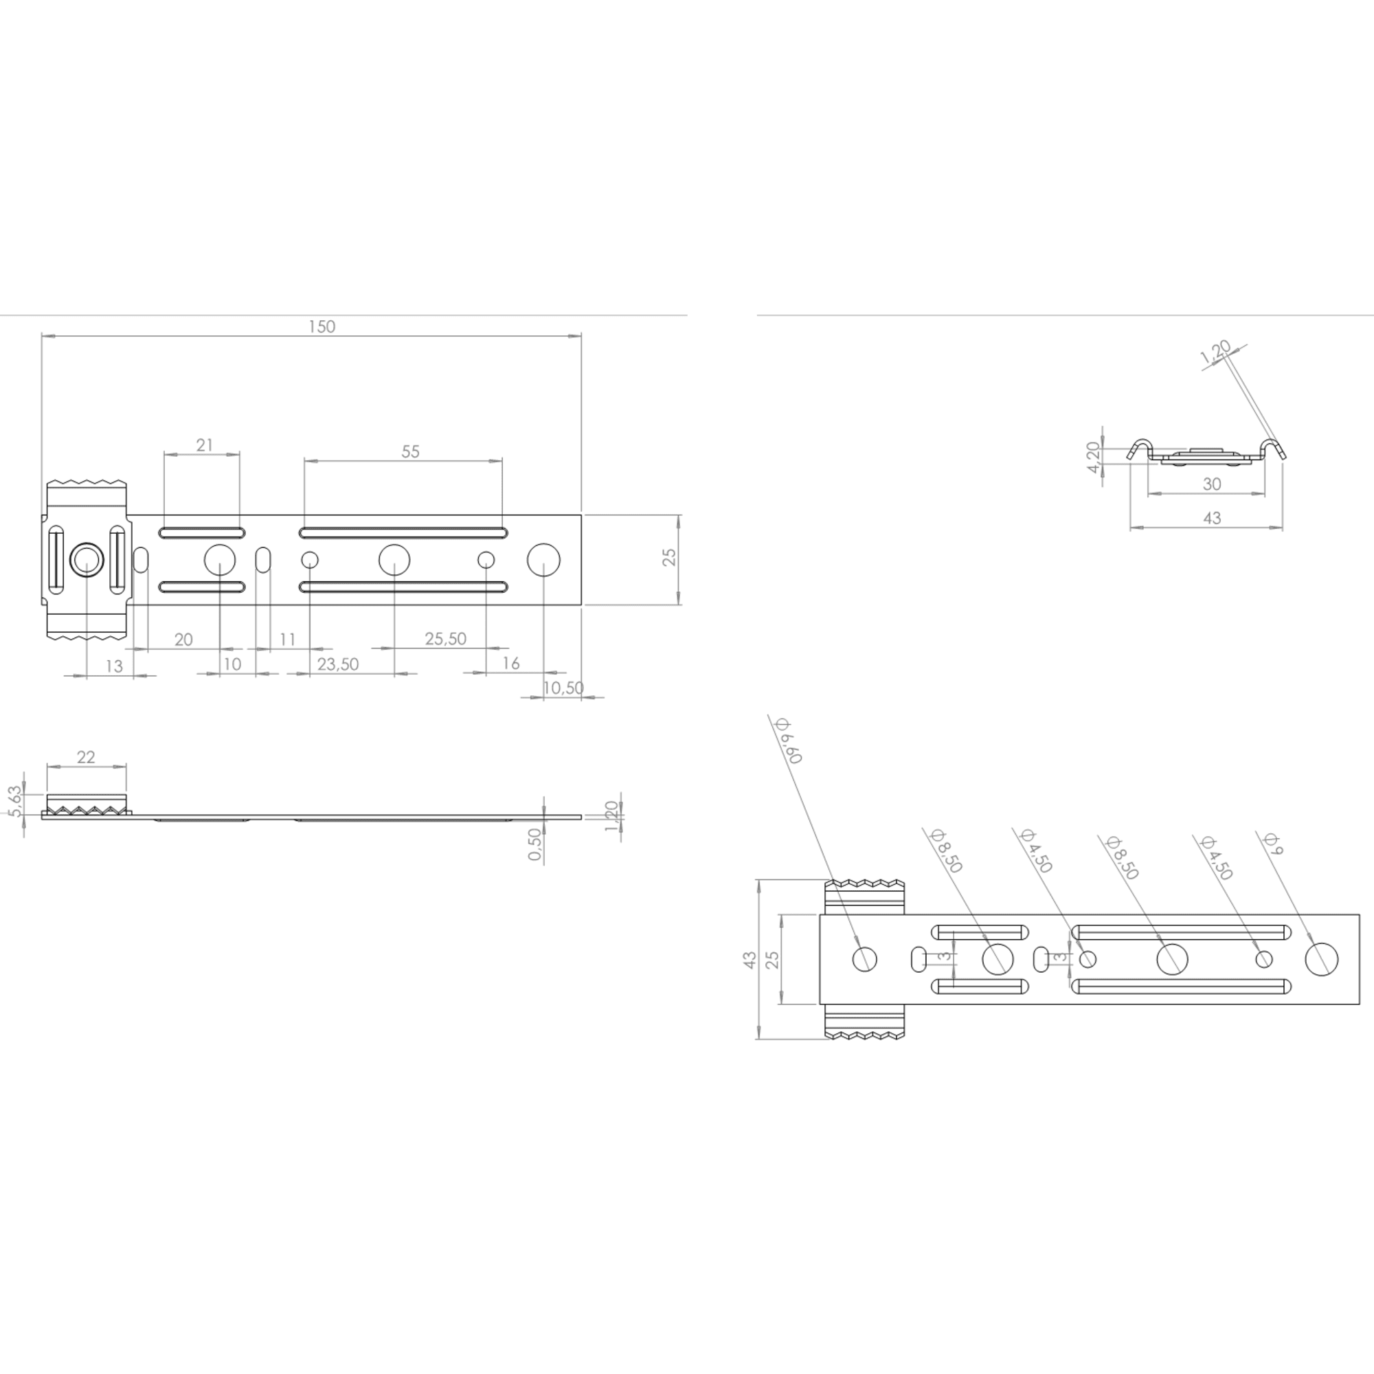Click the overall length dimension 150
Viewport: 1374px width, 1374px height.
322,327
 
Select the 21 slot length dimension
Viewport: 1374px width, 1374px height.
205,445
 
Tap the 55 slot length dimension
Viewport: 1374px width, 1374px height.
410,451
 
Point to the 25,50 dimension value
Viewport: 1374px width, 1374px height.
446,639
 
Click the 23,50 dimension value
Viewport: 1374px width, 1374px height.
338,664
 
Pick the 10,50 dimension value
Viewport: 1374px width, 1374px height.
563,688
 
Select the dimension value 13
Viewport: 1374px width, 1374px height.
114,666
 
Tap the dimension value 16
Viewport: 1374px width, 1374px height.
510,664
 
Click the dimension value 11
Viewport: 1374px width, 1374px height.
287,640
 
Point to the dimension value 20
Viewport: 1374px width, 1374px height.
183,640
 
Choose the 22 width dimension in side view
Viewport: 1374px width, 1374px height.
86,756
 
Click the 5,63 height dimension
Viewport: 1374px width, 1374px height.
14,802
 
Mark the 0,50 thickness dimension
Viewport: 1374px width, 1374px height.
534,844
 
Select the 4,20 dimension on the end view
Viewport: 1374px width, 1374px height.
1094,458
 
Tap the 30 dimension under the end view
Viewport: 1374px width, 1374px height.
1212,484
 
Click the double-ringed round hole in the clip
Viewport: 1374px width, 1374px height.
87,561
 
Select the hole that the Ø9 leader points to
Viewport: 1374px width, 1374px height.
1321,958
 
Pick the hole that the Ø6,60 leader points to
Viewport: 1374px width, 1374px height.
864,958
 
